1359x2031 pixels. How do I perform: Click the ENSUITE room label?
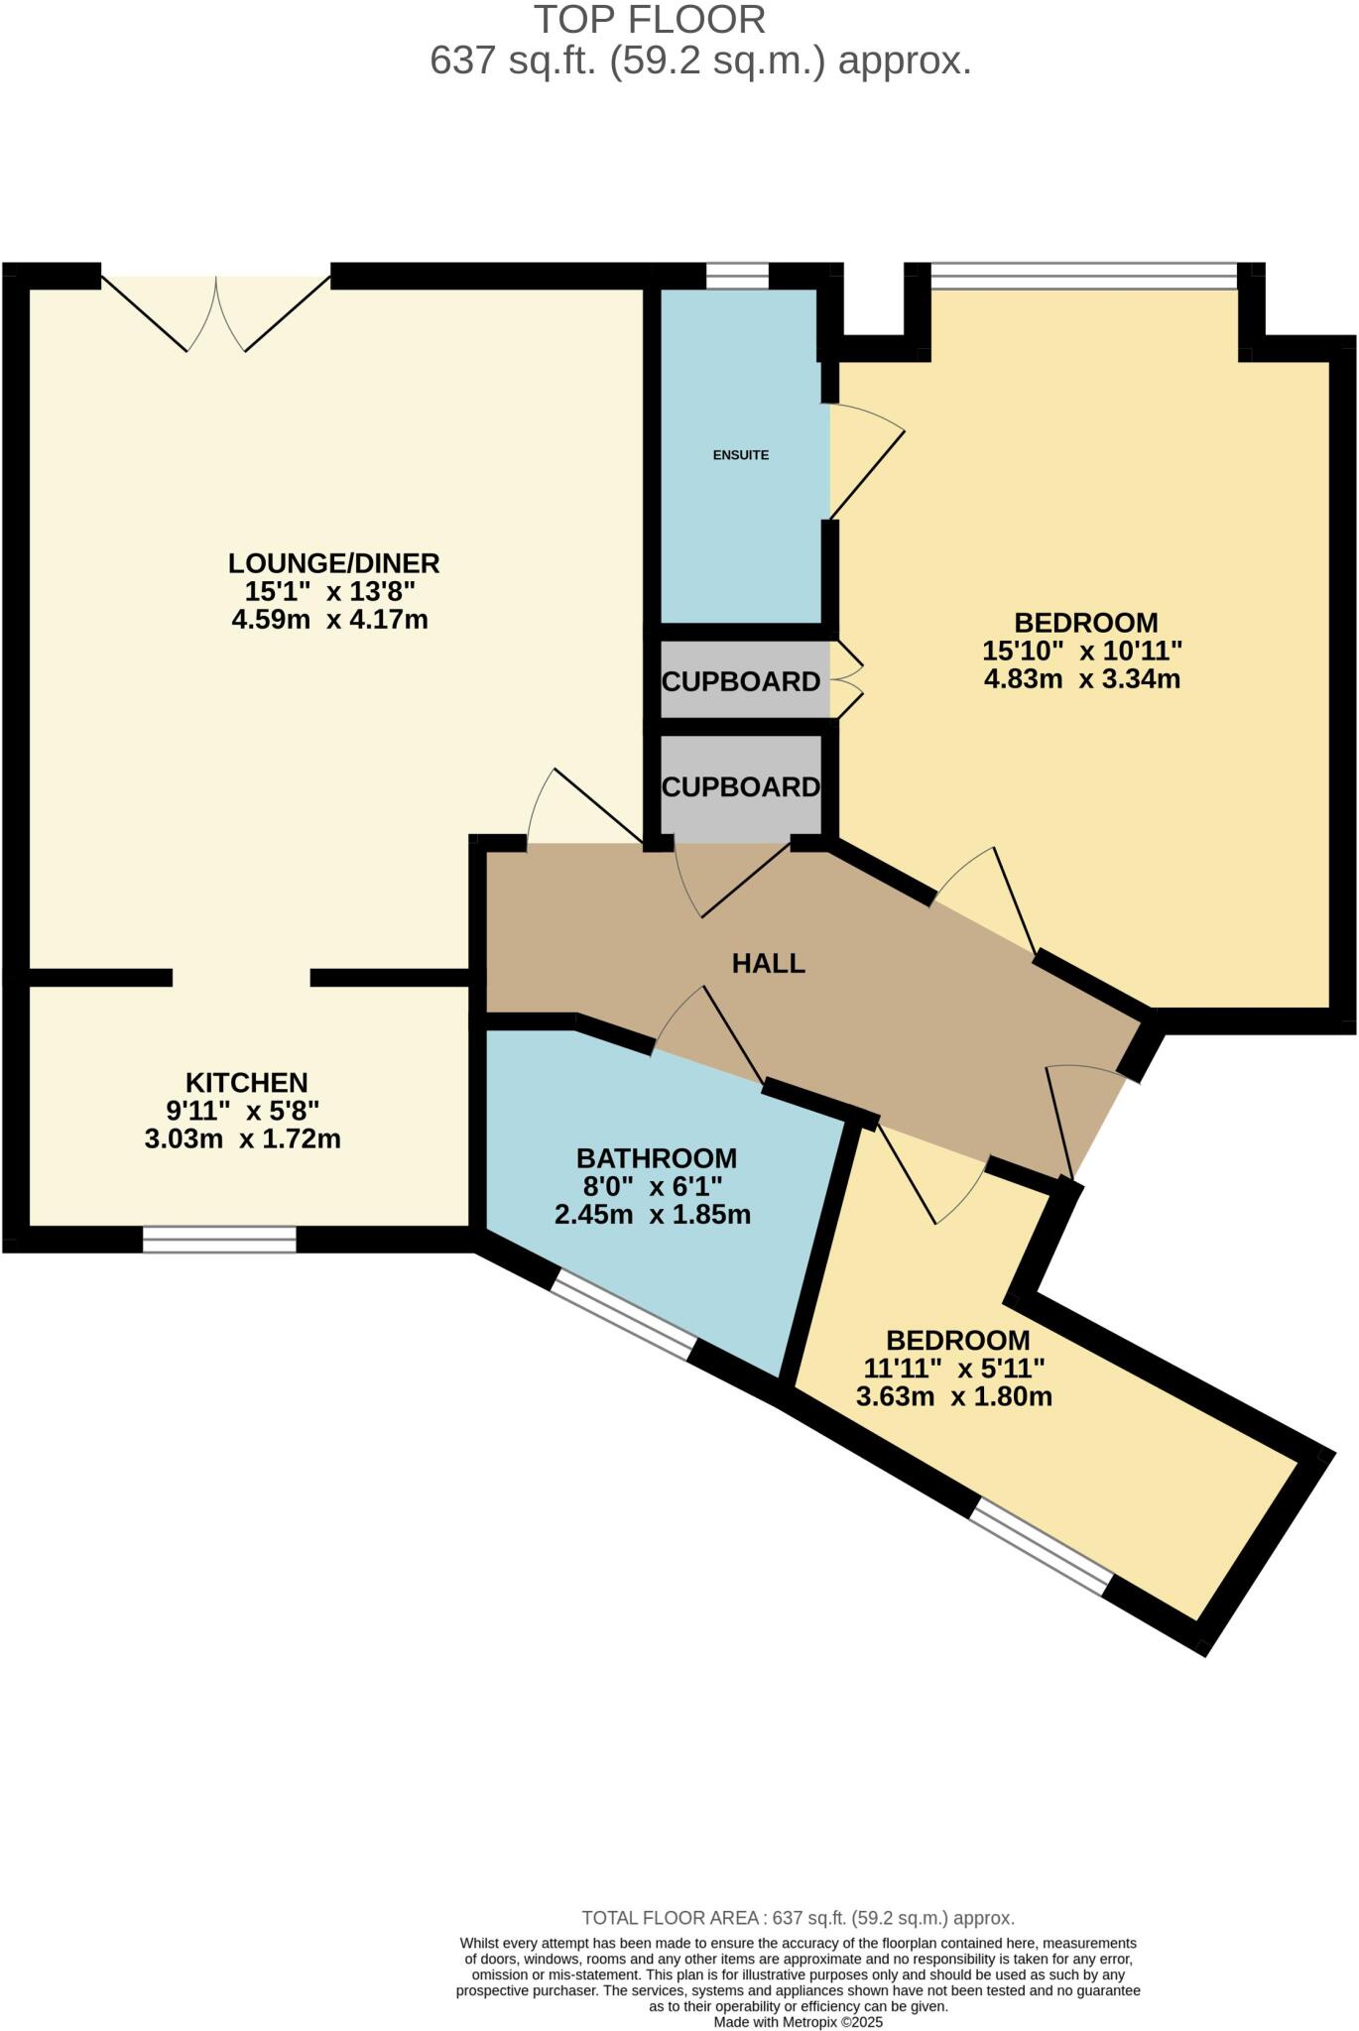740,455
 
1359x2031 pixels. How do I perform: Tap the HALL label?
768,963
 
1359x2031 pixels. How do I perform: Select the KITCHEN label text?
246,1082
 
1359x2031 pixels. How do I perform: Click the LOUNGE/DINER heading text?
333,563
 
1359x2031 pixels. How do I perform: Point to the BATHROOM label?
656,1158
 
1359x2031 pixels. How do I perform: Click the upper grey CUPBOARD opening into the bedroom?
740,681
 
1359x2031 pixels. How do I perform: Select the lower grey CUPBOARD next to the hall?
740,786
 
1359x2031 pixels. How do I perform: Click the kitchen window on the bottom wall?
219,1240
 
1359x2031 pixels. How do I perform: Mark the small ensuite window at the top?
736,275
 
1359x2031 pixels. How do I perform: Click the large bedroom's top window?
1083,275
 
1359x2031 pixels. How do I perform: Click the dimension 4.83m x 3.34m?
1081,680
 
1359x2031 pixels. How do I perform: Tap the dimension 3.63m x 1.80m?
953,1397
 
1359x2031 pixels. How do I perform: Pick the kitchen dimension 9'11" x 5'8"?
242,1110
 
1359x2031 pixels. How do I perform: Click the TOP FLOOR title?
650,20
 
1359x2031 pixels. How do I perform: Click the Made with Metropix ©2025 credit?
798,2022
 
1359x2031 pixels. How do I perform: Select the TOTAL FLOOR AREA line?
798,1918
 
